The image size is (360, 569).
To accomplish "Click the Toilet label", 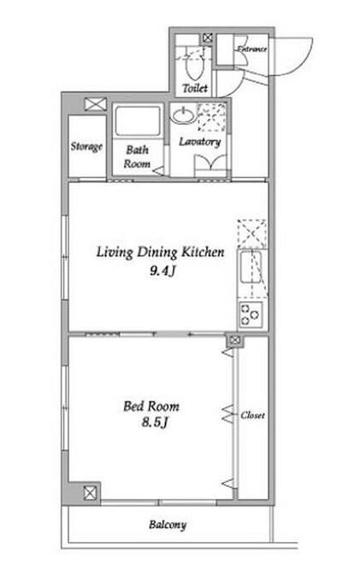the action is (195, 88).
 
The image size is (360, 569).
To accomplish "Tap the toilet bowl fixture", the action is (194, 68).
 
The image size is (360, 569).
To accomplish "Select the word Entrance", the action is (252, 49).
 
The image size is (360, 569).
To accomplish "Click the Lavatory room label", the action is (200, 142).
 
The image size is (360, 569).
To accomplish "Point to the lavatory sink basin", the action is (183, 116).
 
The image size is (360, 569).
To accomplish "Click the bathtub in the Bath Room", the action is (138, 122).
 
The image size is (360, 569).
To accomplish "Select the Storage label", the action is (86, 146).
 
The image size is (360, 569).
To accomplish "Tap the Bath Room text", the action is (137, 157).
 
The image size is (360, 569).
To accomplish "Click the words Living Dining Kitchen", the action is (160, 252).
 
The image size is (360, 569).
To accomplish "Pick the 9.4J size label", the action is (162, 271).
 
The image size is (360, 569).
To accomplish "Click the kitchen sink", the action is (251, 267).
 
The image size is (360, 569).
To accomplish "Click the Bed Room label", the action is (151, 406).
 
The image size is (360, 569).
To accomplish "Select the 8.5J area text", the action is (155, 423).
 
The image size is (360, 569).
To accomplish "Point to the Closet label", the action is (253, 415).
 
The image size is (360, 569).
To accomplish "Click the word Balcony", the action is (168, 525).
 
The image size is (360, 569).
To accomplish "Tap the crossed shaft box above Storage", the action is (96, 104).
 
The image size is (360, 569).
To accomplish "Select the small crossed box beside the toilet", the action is (208, 38).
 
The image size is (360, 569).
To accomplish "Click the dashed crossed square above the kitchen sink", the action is (252, 234).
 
